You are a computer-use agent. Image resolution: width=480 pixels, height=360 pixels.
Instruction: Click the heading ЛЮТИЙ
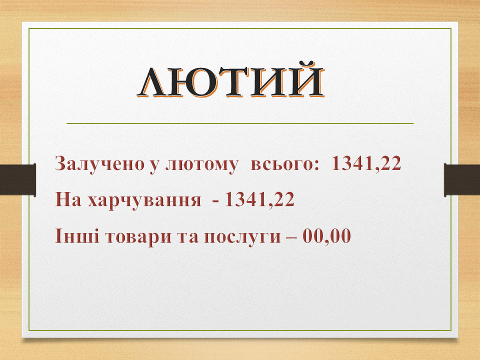point(230,80)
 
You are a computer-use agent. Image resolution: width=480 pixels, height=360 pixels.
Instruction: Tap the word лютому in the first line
point(201,164)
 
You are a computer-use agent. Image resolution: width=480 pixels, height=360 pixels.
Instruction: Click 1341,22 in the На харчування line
point(259,199)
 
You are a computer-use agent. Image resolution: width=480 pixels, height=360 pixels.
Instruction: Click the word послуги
point(242,237)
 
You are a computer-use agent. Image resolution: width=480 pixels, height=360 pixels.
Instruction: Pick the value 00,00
point(327,236)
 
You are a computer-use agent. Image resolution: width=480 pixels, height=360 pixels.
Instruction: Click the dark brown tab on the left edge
point(18,179)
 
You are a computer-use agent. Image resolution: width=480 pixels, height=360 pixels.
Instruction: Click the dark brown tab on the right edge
point(462,180)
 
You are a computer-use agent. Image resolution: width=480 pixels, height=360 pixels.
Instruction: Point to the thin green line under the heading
point(240,123)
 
